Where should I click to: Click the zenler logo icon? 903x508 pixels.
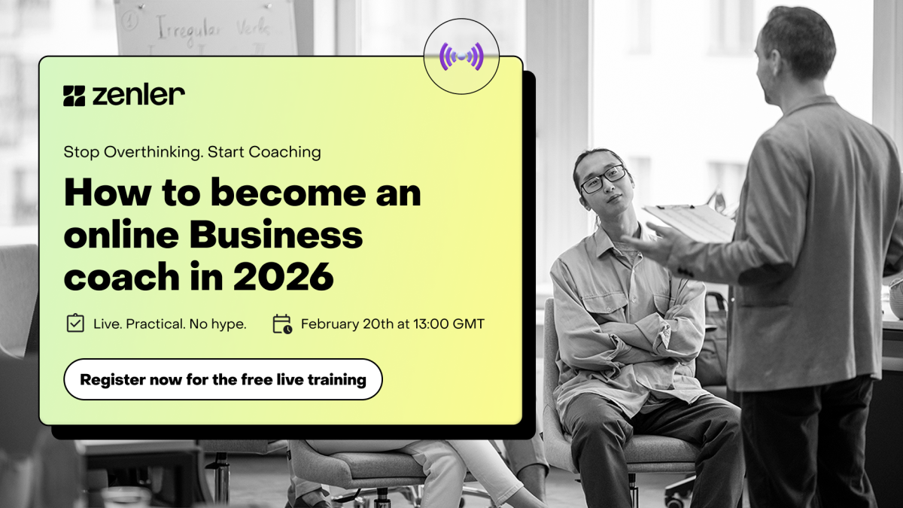click(x=74, y=96)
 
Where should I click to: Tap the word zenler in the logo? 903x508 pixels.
click(x=138, y=95)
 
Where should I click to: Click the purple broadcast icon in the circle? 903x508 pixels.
click(x=461, y=56)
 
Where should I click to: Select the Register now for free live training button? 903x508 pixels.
click(x=223, y=379)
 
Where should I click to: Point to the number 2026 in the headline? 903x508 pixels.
click(x=283, y=278)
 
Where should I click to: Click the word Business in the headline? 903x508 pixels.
click(x=275, y=236)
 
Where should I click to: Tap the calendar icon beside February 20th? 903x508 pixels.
click(x=281, y=324)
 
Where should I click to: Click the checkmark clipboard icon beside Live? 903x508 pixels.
click(x=75, y=324)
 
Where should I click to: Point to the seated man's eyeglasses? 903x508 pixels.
click(x=602, y=179)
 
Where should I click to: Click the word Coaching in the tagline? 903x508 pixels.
click(x=284, y=152)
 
